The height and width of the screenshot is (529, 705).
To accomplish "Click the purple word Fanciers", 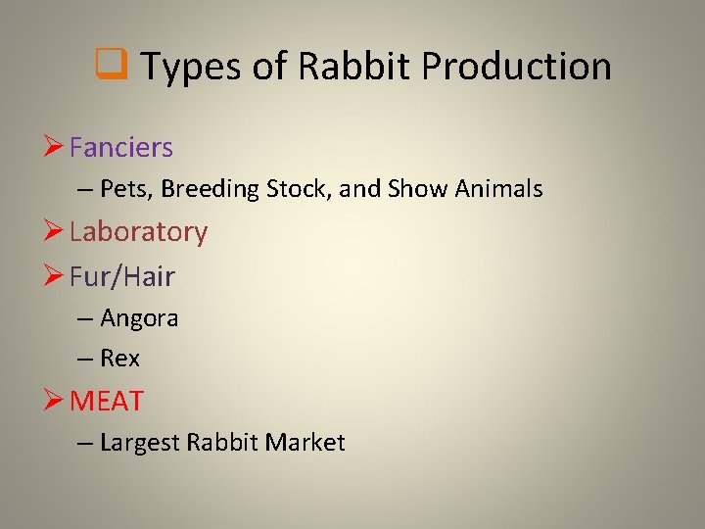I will (121, 148).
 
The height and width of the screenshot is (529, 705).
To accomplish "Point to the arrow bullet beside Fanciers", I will (55, 148).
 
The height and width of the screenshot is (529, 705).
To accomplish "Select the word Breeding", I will (205, 189).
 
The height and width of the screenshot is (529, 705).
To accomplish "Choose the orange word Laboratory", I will (138, 232).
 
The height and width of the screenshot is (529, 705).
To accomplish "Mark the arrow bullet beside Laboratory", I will (55, 232).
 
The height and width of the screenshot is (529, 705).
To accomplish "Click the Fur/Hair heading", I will (122, 276).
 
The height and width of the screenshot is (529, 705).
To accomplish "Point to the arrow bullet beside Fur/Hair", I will (55, 276).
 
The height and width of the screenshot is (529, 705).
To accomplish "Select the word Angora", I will (139, 318).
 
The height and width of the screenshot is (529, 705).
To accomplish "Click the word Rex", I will (119, 359).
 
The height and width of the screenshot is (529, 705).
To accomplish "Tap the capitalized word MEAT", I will (107, 401).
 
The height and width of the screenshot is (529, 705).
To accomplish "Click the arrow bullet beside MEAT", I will (55, 401).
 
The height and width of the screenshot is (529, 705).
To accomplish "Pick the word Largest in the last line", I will (140, 443).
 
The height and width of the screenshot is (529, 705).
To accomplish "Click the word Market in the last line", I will (306, 443).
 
